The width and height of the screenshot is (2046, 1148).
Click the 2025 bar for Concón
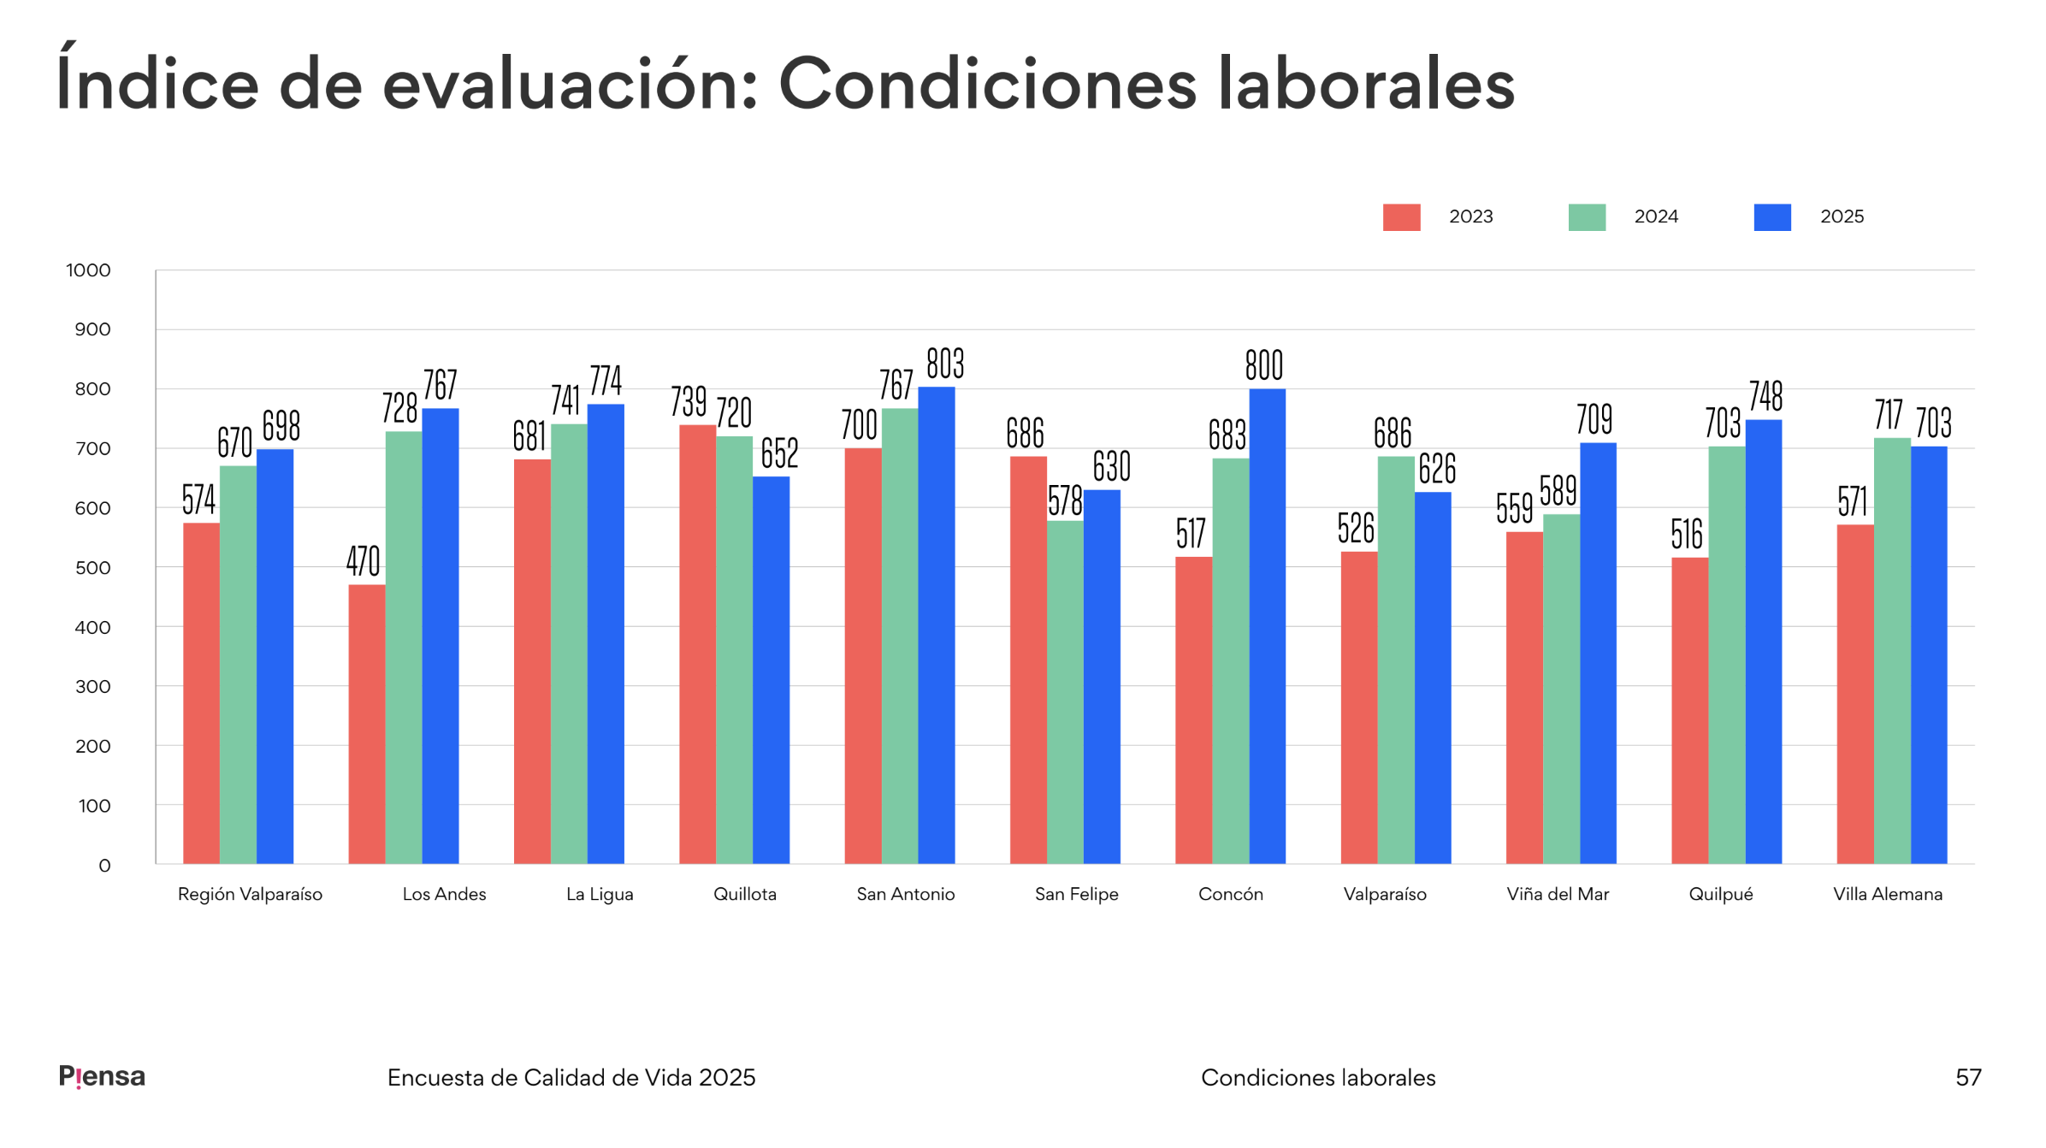coord(1267,626)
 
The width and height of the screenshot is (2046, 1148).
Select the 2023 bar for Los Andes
coord(367,724)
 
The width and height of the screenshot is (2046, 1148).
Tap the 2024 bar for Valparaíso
coord(1396,660)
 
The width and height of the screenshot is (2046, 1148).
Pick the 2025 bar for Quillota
coord(771,670)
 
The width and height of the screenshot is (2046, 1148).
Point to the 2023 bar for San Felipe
coord(1028,660)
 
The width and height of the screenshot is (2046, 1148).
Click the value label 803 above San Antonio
coord(945,364)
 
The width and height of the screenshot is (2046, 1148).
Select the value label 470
coord(364,562)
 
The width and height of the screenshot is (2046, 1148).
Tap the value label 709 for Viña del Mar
coord(1594,420)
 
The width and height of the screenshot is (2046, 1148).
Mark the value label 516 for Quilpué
coord(1687,535)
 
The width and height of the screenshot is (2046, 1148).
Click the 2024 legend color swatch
coord(1587,217)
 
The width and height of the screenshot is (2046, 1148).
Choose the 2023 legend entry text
coord(1470,217)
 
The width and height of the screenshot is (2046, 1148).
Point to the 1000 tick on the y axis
coord(89,270)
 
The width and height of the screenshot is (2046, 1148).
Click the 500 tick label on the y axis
coord(92,568)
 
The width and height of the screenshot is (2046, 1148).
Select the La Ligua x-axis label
coord(600,894)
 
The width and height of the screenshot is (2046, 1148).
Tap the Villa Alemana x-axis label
coord(1888,894)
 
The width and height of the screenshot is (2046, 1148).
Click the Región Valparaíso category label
coord(250,894)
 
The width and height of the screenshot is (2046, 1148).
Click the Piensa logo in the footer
coord(102,1076)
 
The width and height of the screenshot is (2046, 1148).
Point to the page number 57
coord(1968,1077)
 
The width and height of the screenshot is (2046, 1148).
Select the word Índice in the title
coord(157,84)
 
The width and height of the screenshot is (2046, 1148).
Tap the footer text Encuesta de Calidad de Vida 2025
coord(571,1077)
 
